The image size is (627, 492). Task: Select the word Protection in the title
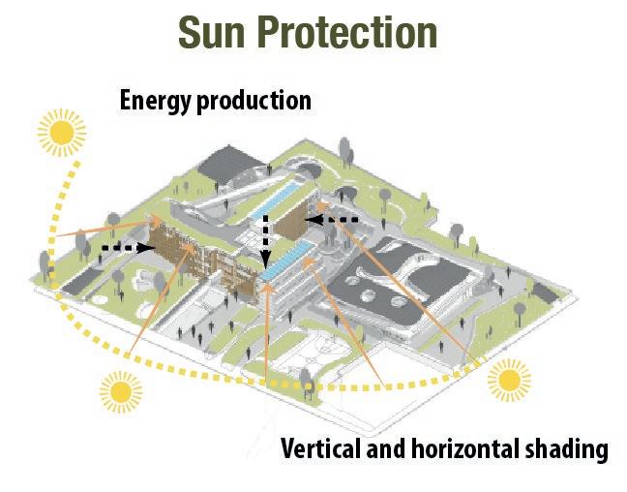click(351, 32)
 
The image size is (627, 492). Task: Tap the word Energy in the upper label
click(155, 101)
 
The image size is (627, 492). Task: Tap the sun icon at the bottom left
click(120, 391)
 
